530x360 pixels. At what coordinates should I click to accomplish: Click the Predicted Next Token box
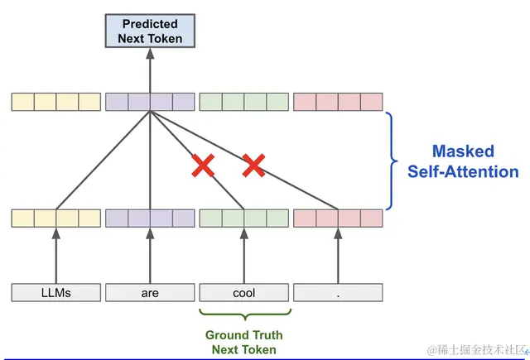click(x=150, y=31)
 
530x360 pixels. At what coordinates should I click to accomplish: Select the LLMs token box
click(x=56, y=292)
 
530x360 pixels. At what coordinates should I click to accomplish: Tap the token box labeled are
click(x=150, y=292)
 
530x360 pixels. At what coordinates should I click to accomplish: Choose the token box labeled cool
click(x=244, y=292)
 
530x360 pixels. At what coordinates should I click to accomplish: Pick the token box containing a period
click(x=338, y=292)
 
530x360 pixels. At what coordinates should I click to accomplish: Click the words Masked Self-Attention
click(x=462, y=161)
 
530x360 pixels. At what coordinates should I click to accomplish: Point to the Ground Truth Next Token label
click(x=244, y=342)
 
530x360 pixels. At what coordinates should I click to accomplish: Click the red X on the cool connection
click(x=202, y=166)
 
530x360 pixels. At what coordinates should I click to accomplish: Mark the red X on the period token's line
click(x=253, y=166)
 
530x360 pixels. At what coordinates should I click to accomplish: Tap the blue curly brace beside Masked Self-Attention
click(x=394, y=161)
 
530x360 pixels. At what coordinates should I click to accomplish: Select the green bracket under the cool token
click(x=244, y=314)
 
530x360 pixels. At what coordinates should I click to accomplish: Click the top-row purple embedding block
click(x=150, y=102)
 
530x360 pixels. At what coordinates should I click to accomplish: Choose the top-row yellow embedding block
click(x=56, y=102)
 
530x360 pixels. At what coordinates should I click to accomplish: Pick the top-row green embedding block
click(x=244, y=102)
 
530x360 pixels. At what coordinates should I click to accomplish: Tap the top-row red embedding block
click(x=338, y=102)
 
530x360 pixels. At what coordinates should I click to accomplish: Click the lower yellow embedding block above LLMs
click(x=56, y=218)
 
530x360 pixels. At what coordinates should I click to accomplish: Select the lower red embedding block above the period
click(x=338, y=218)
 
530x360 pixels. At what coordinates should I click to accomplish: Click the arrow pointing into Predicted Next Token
click(x=150, y=70)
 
